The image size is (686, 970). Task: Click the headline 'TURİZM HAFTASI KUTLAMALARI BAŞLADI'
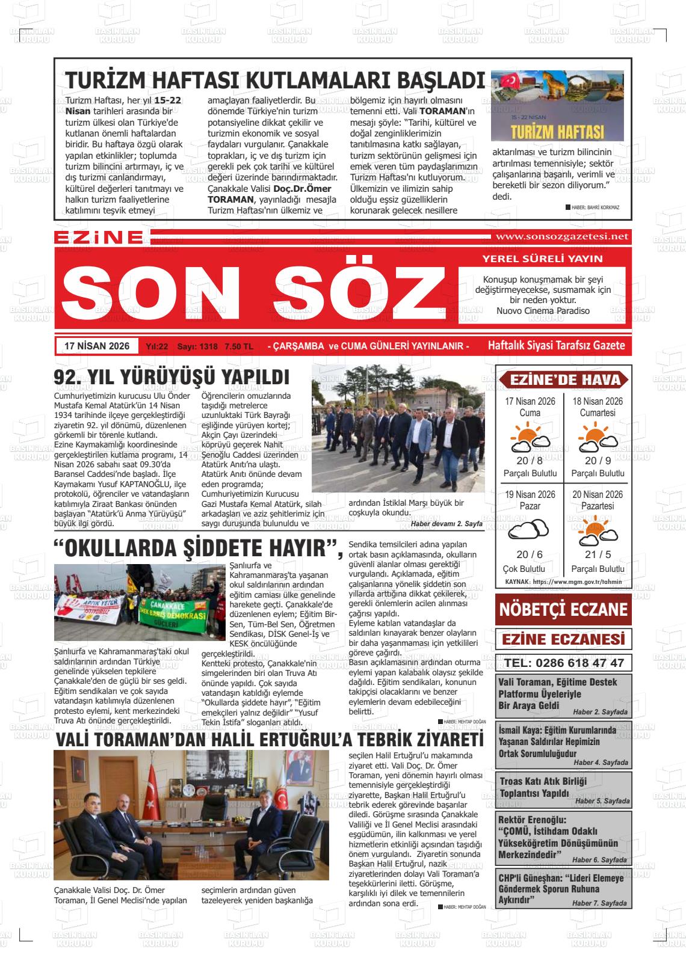[274, 81]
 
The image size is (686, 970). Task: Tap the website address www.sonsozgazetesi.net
[560, 236]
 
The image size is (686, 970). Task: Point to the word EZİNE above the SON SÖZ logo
[99, 238]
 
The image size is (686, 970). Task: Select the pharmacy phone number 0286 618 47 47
[564, 663]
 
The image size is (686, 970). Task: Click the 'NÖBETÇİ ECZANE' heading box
[563, 609]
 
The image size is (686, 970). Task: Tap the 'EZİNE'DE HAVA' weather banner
[563, 380]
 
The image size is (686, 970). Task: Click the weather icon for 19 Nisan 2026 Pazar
[530, 530]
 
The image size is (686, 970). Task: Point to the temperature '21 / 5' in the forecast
[598, 554]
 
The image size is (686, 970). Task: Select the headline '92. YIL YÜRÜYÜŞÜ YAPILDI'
[172, 377]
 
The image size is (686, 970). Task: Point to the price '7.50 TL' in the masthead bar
[238, 347]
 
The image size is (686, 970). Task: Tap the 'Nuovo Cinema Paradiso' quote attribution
[543, 311]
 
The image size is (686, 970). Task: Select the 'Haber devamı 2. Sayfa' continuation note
[446, 524]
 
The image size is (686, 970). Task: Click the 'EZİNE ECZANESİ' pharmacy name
[563, 638]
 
